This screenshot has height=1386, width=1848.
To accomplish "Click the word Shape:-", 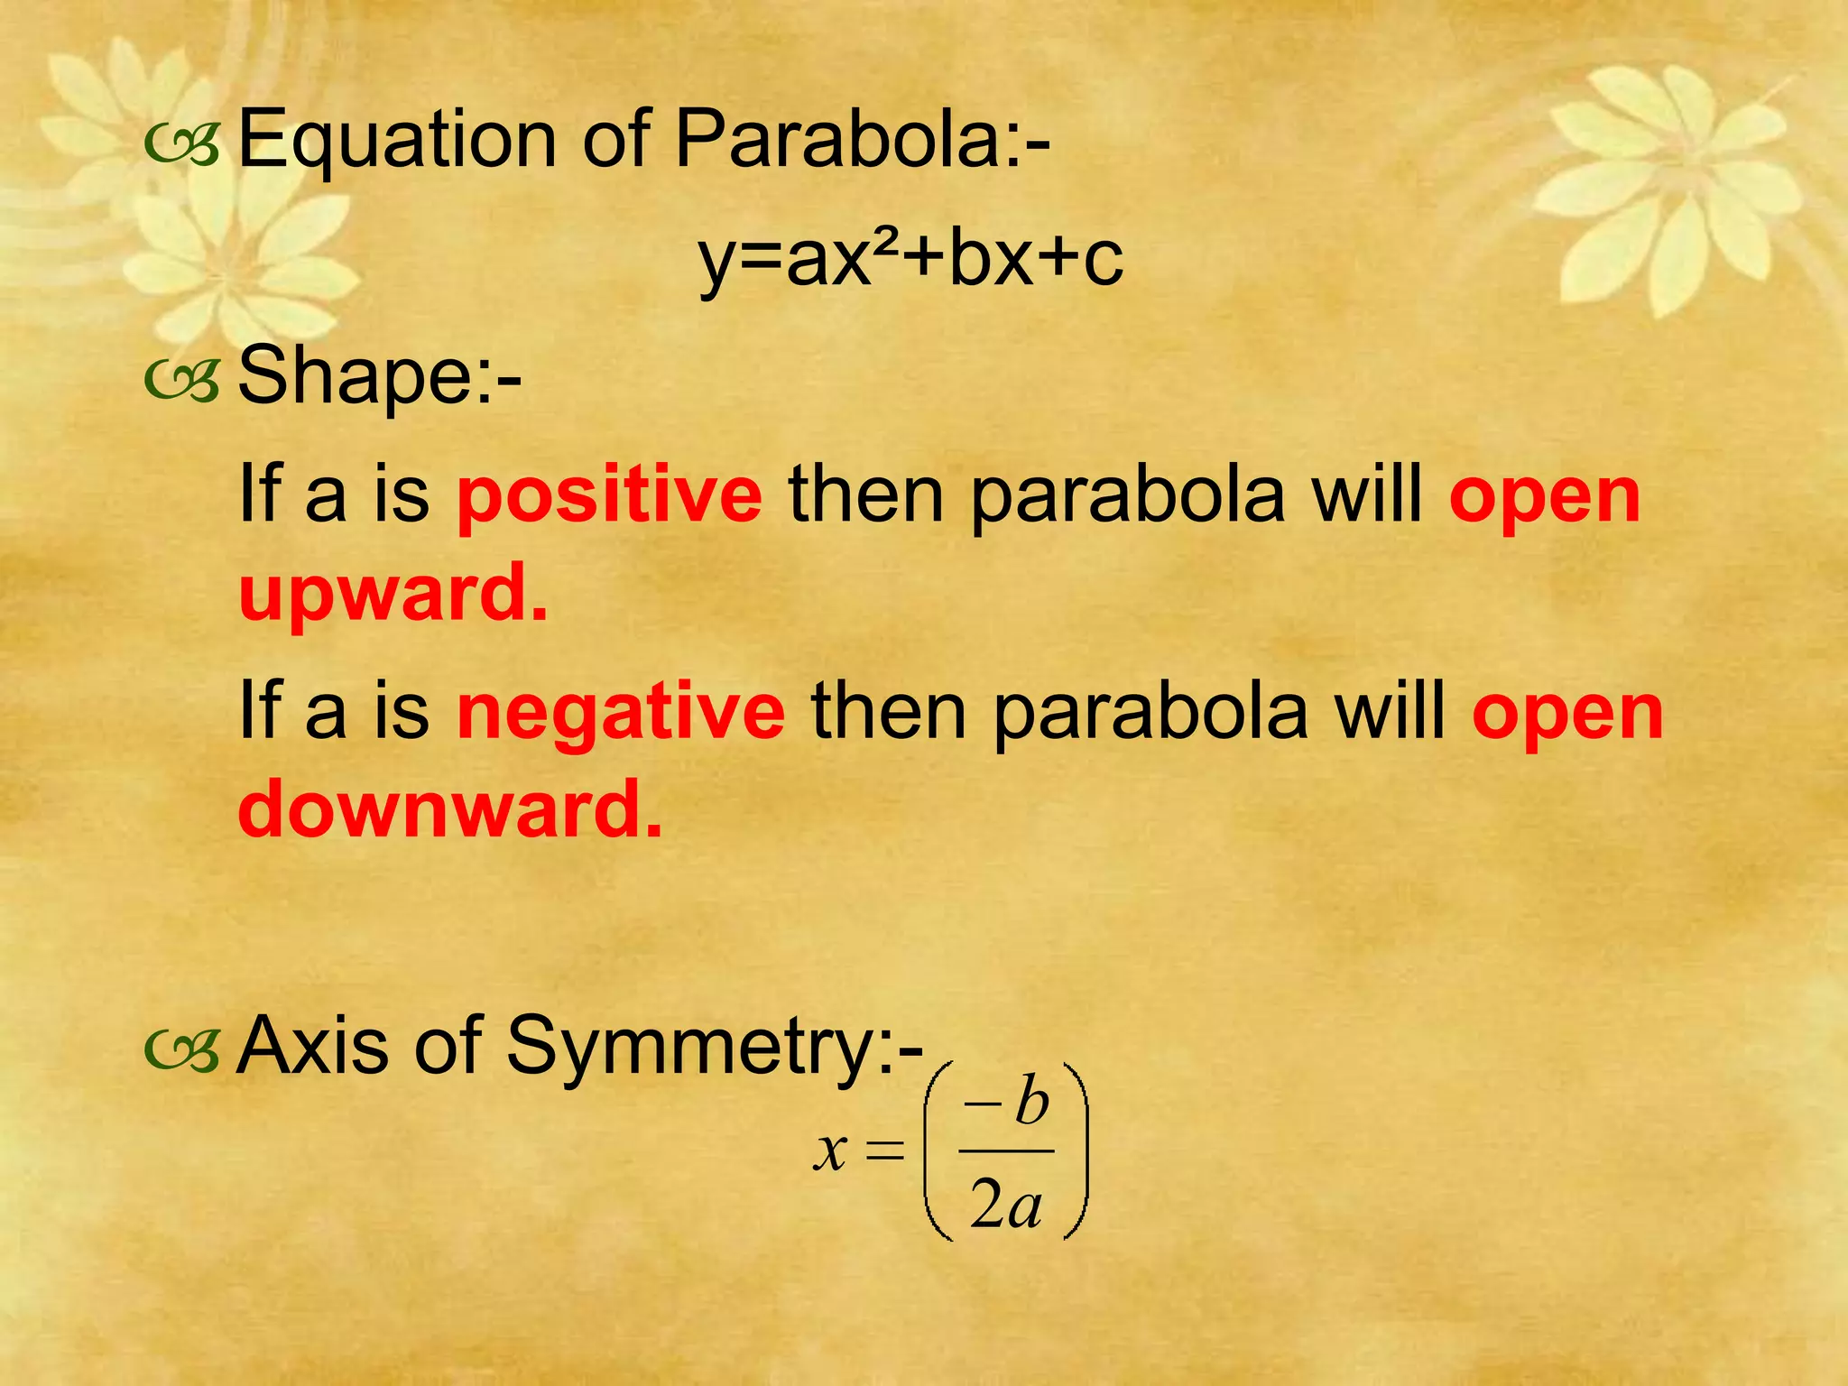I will point(379,377).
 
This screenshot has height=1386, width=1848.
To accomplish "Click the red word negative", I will point(621,712).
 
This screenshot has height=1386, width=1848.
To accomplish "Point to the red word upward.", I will point(393,593).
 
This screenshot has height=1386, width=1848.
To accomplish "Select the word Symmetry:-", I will point(714,1047).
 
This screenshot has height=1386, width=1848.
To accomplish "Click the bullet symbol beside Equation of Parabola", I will point(181,146).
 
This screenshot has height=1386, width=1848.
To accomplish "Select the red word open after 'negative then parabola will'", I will point(1567,712).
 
